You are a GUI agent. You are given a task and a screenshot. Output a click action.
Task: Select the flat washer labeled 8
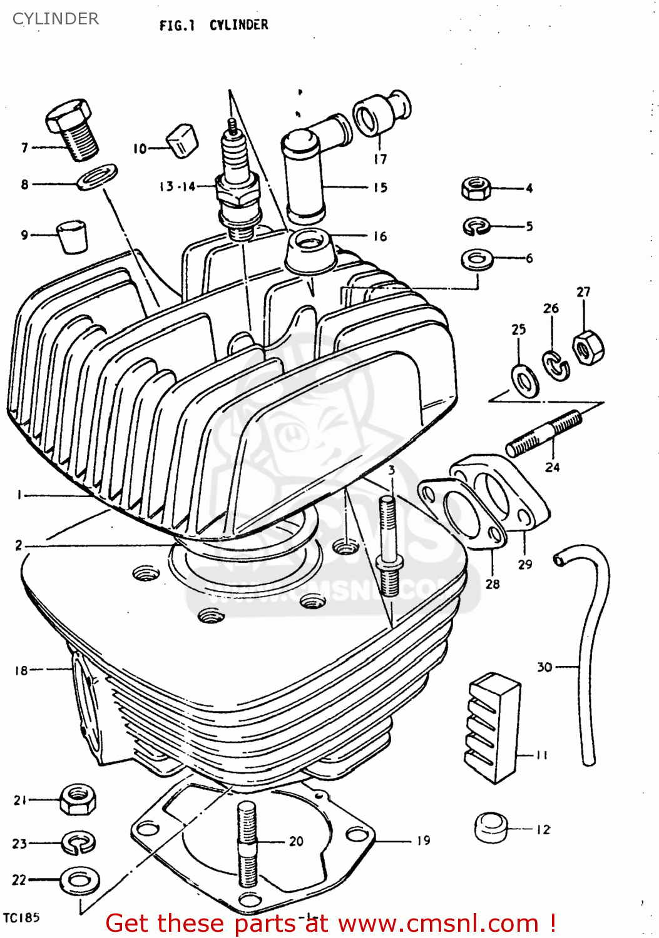click(x=98, y=176)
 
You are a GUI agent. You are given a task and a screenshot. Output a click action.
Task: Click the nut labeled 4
click(x=476, y=188)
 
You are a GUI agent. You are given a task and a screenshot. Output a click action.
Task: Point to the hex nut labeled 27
click(x=477, y=258)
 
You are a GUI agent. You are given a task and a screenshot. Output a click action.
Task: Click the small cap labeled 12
click(x=491, y=827)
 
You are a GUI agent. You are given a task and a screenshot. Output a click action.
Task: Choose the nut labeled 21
click(x=78, y=800)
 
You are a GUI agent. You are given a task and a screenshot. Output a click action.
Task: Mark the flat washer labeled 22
click(x=79, y=881)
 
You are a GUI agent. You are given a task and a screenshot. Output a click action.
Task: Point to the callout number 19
click(x=424, y=840)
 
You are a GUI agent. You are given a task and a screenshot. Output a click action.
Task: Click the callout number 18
click(x=21, y=670)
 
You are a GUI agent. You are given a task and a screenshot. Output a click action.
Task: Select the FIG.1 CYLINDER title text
click(x=213, y=25)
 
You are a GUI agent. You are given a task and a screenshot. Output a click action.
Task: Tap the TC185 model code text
click(x=21, y=918)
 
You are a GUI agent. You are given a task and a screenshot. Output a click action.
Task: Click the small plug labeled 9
click(x=72, y=236)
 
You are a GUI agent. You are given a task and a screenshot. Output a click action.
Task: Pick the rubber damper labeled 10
click(x=182, y=141)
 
